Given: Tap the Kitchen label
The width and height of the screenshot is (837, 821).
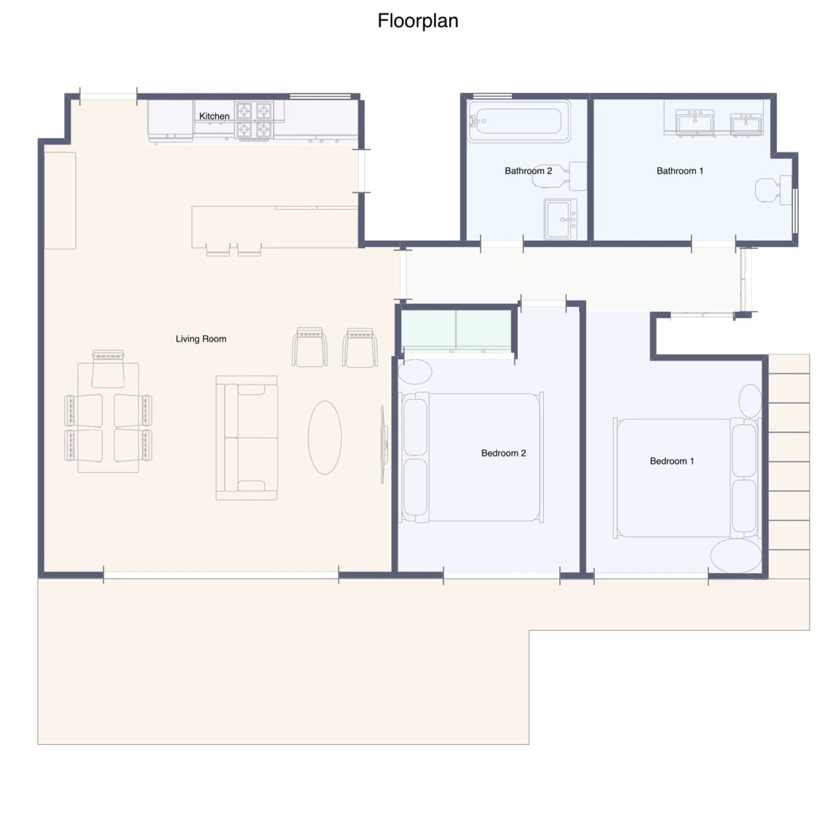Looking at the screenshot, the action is point(214,116).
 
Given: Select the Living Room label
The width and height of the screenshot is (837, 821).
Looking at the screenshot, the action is point(201,339).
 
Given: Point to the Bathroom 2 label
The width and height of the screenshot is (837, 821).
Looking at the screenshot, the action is point(528,171).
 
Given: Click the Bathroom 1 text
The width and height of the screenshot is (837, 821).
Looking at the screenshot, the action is point(680,171).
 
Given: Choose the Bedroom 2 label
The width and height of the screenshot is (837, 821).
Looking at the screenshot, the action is point(504,453).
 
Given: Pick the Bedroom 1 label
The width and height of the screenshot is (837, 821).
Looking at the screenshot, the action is point(672,461).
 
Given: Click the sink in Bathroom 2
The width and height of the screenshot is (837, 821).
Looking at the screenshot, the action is point(561,219).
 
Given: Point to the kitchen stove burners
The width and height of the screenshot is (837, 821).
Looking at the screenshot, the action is point(254,120).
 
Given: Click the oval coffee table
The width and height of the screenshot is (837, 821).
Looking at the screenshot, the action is point(324,437).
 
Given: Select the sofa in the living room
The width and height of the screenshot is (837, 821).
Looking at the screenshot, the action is point(247,438).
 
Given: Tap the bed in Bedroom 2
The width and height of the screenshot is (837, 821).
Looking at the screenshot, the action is point(472,458).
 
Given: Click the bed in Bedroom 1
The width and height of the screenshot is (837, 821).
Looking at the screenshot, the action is point(687,479).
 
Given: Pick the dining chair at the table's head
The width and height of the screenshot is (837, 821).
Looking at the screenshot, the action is point(108,369).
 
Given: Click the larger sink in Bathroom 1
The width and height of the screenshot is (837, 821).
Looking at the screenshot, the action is point(695,123).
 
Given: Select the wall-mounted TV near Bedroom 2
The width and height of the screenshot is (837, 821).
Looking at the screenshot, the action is point(383,444).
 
